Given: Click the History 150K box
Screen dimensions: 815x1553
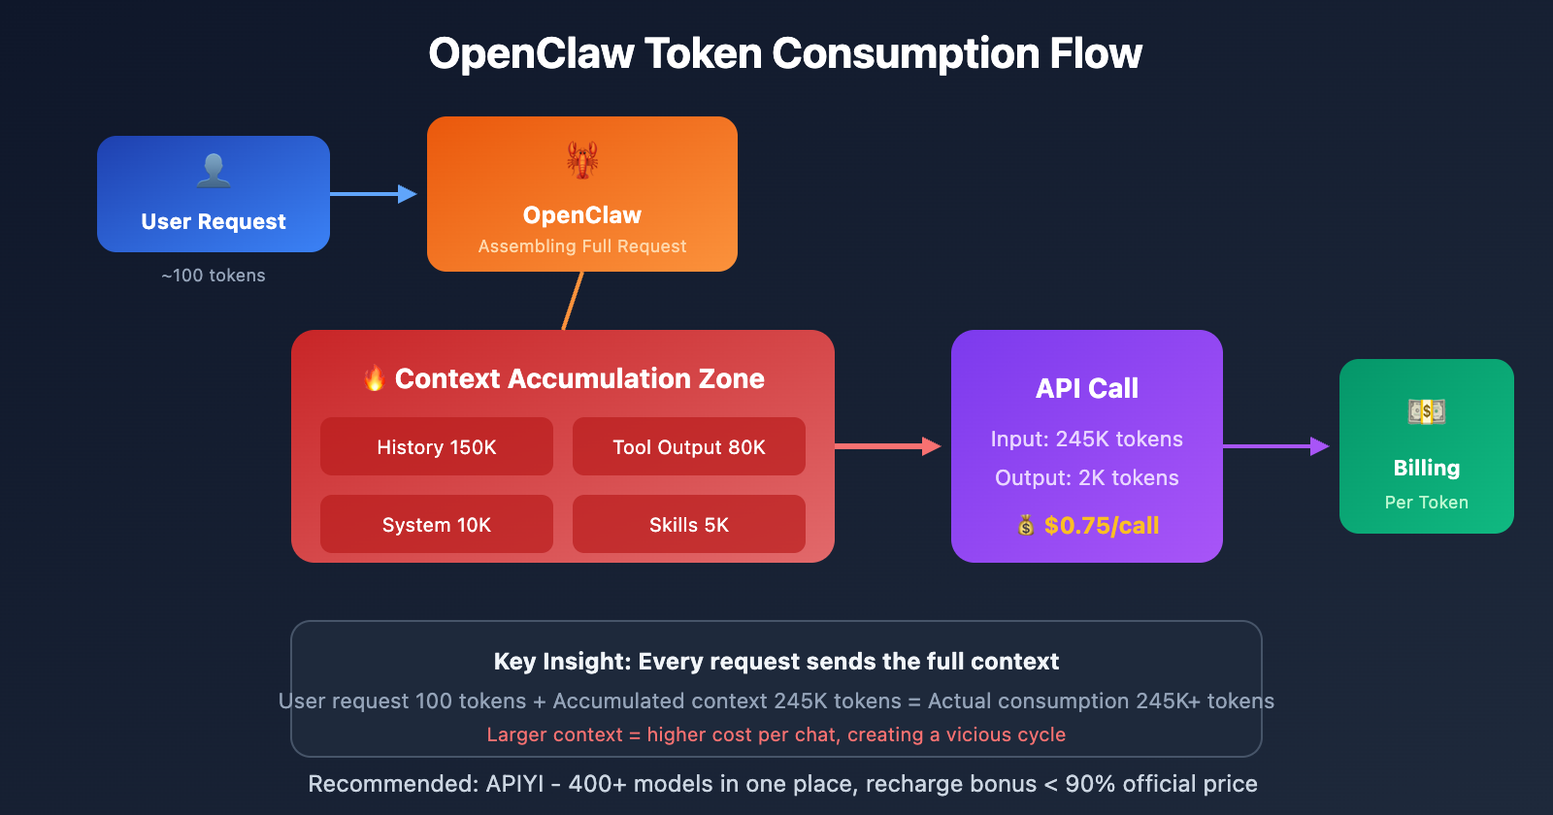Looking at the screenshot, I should pyautogui.click(x=437, y=446).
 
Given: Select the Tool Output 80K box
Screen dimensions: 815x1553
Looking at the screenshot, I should pyautogui.click(x=689, y=446).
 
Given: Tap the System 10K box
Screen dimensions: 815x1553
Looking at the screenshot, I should pyautogui.click(x=437, y=524).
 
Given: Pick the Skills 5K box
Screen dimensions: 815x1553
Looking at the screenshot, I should pyautogui.click(x=689, y=524).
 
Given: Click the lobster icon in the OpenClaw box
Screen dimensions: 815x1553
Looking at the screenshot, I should pyautogui.click(x=582, y=160).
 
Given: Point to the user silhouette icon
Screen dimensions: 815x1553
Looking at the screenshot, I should pyautogui.click(x=214, y=171).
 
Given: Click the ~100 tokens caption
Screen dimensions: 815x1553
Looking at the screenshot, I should pyautogui.click(x=214, y=276).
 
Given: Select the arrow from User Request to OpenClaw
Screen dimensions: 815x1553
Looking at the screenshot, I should pyautogui.click(x=374, y=194).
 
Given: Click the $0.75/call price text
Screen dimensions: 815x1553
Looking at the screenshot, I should pyautogui.click(x=1101, y=526).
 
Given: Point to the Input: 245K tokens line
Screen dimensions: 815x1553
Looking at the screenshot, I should pyautogui.click(x=1087, y=439).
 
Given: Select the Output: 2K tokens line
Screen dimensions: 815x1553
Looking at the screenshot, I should pyautogui.click(x=1087, y=477).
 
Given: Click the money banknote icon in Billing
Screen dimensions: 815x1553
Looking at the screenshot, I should pyautogui.click(x=1427, y=411).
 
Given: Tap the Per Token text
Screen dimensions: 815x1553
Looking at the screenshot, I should pyautogui.click(x=1427, y=503).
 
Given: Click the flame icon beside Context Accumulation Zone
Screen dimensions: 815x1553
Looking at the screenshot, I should pyautogui.click(x=375, y=378).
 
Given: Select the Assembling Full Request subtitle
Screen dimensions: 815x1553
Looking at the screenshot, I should pyautogui.click(x=582, y=246).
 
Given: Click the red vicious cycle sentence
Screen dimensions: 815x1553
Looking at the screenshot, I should pyautogui.click(x=776, y=734).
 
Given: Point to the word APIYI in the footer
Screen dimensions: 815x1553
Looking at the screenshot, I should pyautogui.click(x=514, y=784).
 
